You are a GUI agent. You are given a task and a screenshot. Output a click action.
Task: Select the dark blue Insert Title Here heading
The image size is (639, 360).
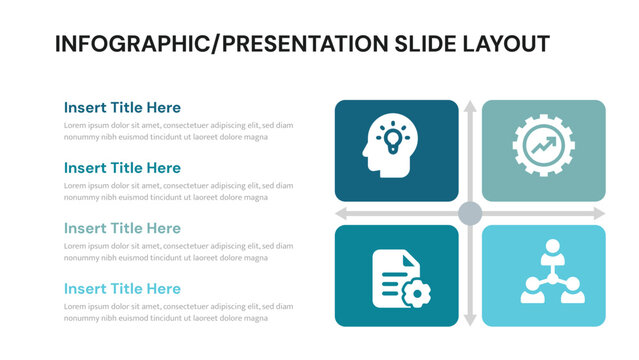(122, 107)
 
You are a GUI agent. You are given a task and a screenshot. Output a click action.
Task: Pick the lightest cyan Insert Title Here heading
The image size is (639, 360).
(122, 289)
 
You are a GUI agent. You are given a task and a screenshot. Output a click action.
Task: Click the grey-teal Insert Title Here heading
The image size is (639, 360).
(122, 228)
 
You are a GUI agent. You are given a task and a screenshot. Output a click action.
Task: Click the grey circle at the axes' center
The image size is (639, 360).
(470, 213)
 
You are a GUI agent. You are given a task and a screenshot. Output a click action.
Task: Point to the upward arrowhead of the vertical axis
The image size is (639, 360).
(470, 106)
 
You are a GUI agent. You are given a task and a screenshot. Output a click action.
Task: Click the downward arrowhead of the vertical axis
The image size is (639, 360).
(470, 320)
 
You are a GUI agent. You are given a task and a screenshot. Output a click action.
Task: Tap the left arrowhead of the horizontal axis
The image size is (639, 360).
(341, 213)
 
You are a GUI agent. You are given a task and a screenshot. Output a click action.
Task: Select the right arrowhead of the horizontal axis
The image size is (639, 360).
(599, 213)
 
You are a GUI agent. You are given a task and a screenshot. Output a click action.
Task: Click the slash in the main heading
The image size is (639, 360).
(216, 44)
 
